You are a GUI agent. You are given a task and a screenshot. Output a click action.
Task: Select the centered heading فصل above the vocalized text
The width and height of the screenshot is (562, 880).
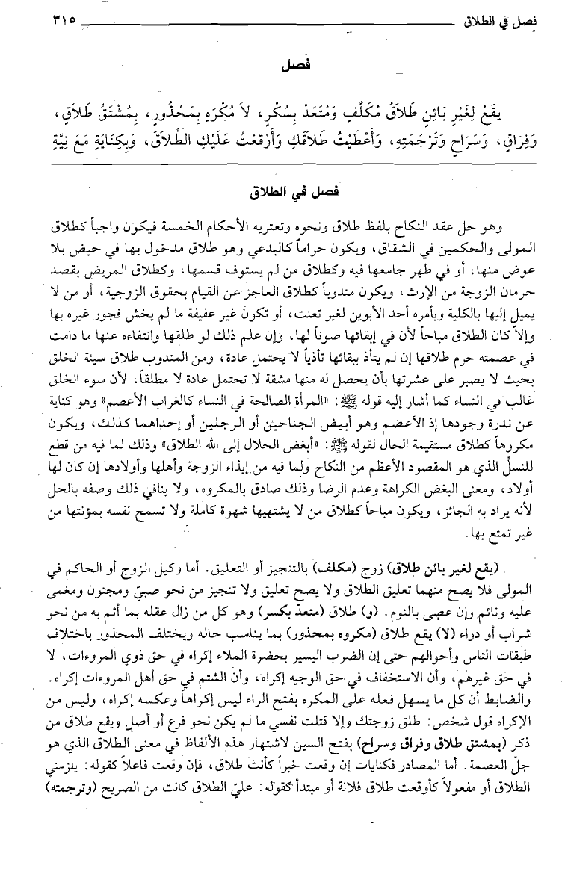(281, 66)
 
